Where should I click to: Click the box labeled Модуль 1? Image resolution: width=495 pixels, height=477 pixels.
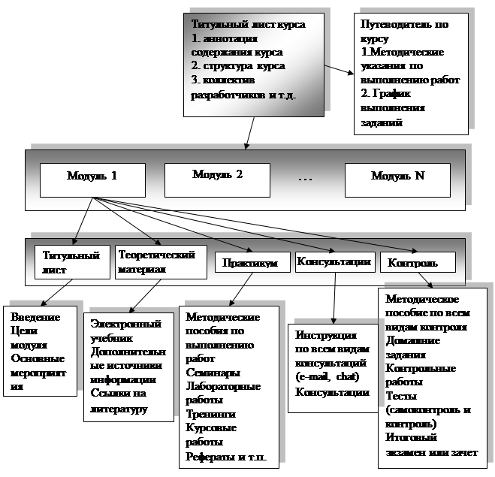pos(92,176)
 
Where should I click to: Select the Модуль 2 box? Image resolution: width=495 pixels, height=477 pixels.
pos(217,175)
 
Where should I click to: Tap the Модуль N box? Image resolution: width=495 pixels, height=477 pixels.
pos(397,176)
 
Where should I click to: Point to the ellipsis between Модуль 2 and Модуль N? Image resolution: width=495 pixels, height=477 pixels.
pos(305,178)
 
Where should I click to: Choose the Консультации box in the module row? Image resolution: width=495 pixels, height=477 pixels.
pos(334,261)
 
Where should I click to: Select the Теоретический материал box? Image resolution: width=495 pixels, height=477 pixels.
pos(161,262)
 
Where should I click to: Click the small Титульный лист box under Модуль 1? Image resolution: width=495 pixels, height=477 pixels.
pos(72,262)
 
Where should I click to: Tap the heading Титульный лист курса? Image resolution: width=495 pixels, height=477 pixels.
pos(249,25)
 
